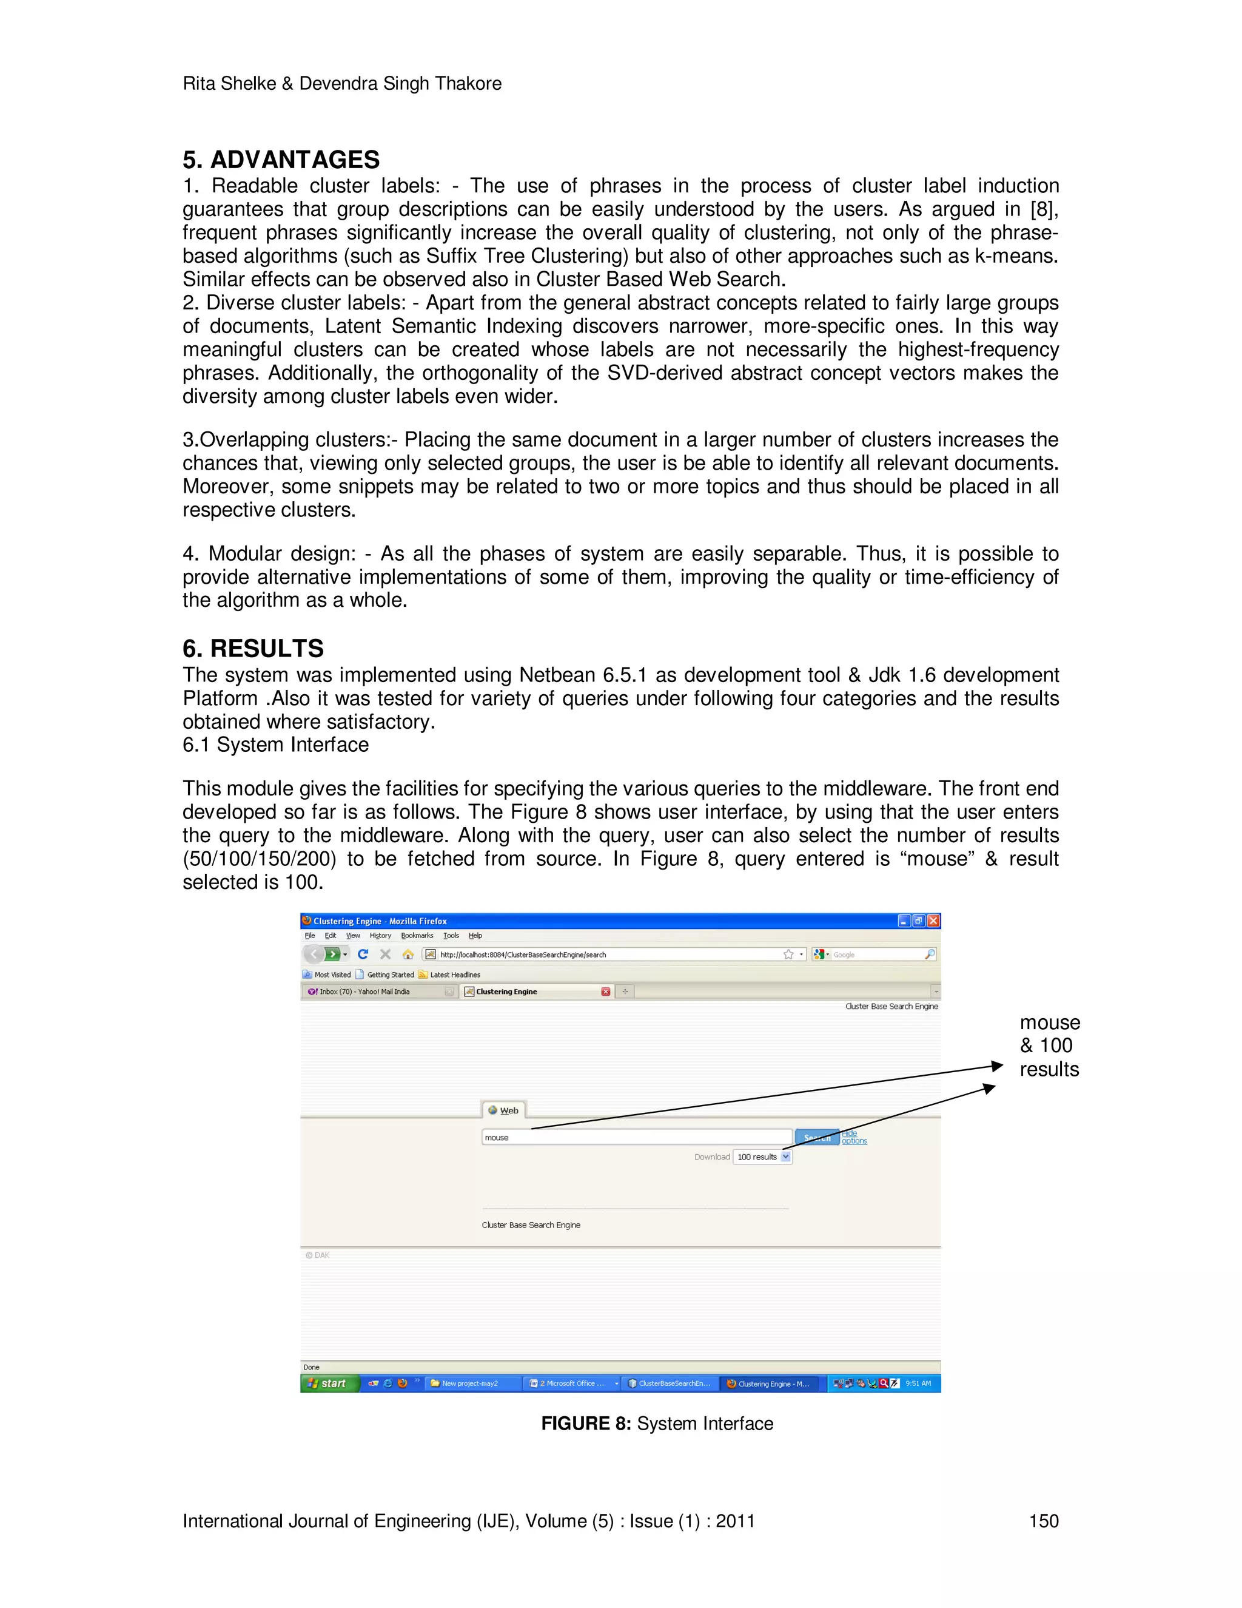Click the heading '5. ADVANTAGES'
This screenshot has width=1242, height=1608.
pyautogui.click(x=281, y=160)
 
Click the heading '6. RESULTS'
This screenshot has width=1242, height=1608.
pyautogui.click(x=253, y=648)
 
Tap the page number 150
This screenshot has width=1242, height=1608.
pyautogui.click(x=1042, y=1521)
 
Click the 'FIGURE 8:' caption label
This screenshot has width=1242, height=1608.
pyautogui.click(x=586, y=1423)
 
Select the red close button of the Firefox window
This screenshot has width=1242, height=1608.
pyautogui.click(x=933, y=921)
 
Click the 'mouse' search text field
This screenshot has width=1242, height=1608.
pyautogui.click(x=636, y=1137)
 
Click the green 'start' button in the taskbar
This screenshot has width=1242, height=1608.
pyautogui.click(x=329, y=1383)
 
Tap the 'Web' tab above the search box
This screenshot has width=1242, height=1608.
pyautogui.click(x=504, y=1110)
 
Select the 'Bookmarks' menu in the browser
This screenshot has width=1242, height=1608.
pyautogui.click(x=417, y=936)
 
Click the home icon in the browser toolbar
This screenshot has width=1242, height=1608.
pyautogui.click(x=408, y=954)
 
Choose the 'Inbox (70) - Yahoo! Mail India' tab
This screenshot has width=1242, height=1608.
pyautogui.click(x=365, y=991)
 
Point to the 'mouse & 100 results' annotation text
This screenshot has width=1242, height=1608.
pyautogui.click(x=1050, y=1046)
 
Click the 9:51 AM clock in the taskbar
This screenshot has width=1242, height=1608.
pyautogui.click(x=918, y=1383)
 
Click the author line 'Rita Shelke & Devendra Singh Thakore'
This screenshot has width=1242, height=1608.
pyautogui.click(x=342, y=83)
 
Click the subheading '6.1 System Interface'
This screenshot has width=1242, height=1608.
pyautogui.click(x=276, y=745)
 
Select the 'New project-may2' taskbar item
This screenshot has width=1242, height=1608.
pyautogui.click(x=470, y=1383)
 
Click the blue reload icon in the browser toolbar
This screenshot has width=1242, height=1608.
pyautogui.click(x=363, y=954)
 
